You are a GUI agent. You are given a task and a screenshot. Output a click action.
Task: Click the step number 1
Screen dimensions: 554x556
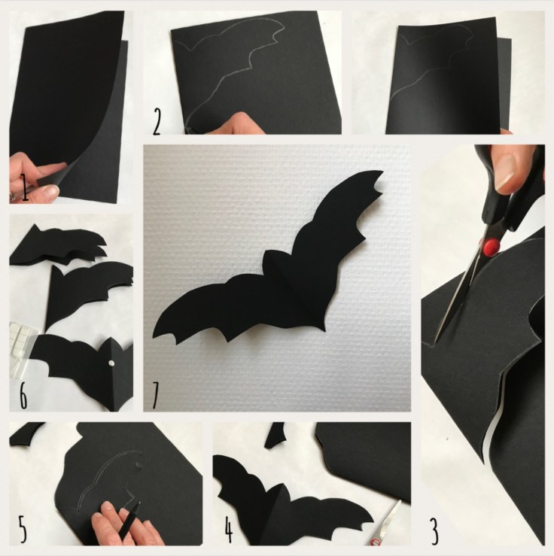pyautogui.click(x=25, y=188)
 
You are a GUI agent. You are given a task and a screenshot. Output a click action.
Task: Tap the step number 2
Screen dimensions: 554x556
pyautogui.click(x=157, y=122)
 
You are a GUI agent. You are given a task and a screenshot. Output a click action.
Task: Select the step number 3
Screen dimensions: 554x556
pyautogui.click(x=435, y=531)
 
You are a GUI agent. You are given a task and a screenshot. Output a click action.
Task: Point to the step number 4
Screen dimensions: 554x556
pyautogui.click(x=229, y=530)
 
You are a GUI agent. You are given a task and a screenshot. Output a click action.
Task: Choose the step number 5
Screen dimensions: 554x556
pyautogui.click(x=23, y=530)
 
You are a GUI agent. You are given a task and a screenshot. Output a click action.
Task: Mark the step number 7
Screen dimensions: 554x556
pyautogui.click(x=155, y=396)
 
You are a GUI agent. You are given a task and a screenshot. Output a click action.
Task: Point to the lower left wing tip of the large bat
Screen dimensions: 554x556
pyautogui.click(x=154, y=337)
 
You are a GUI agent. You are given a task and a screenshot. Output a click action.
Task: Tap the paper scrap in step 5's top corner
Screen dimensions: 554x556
pyautogui.click(x=26, y=433)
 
